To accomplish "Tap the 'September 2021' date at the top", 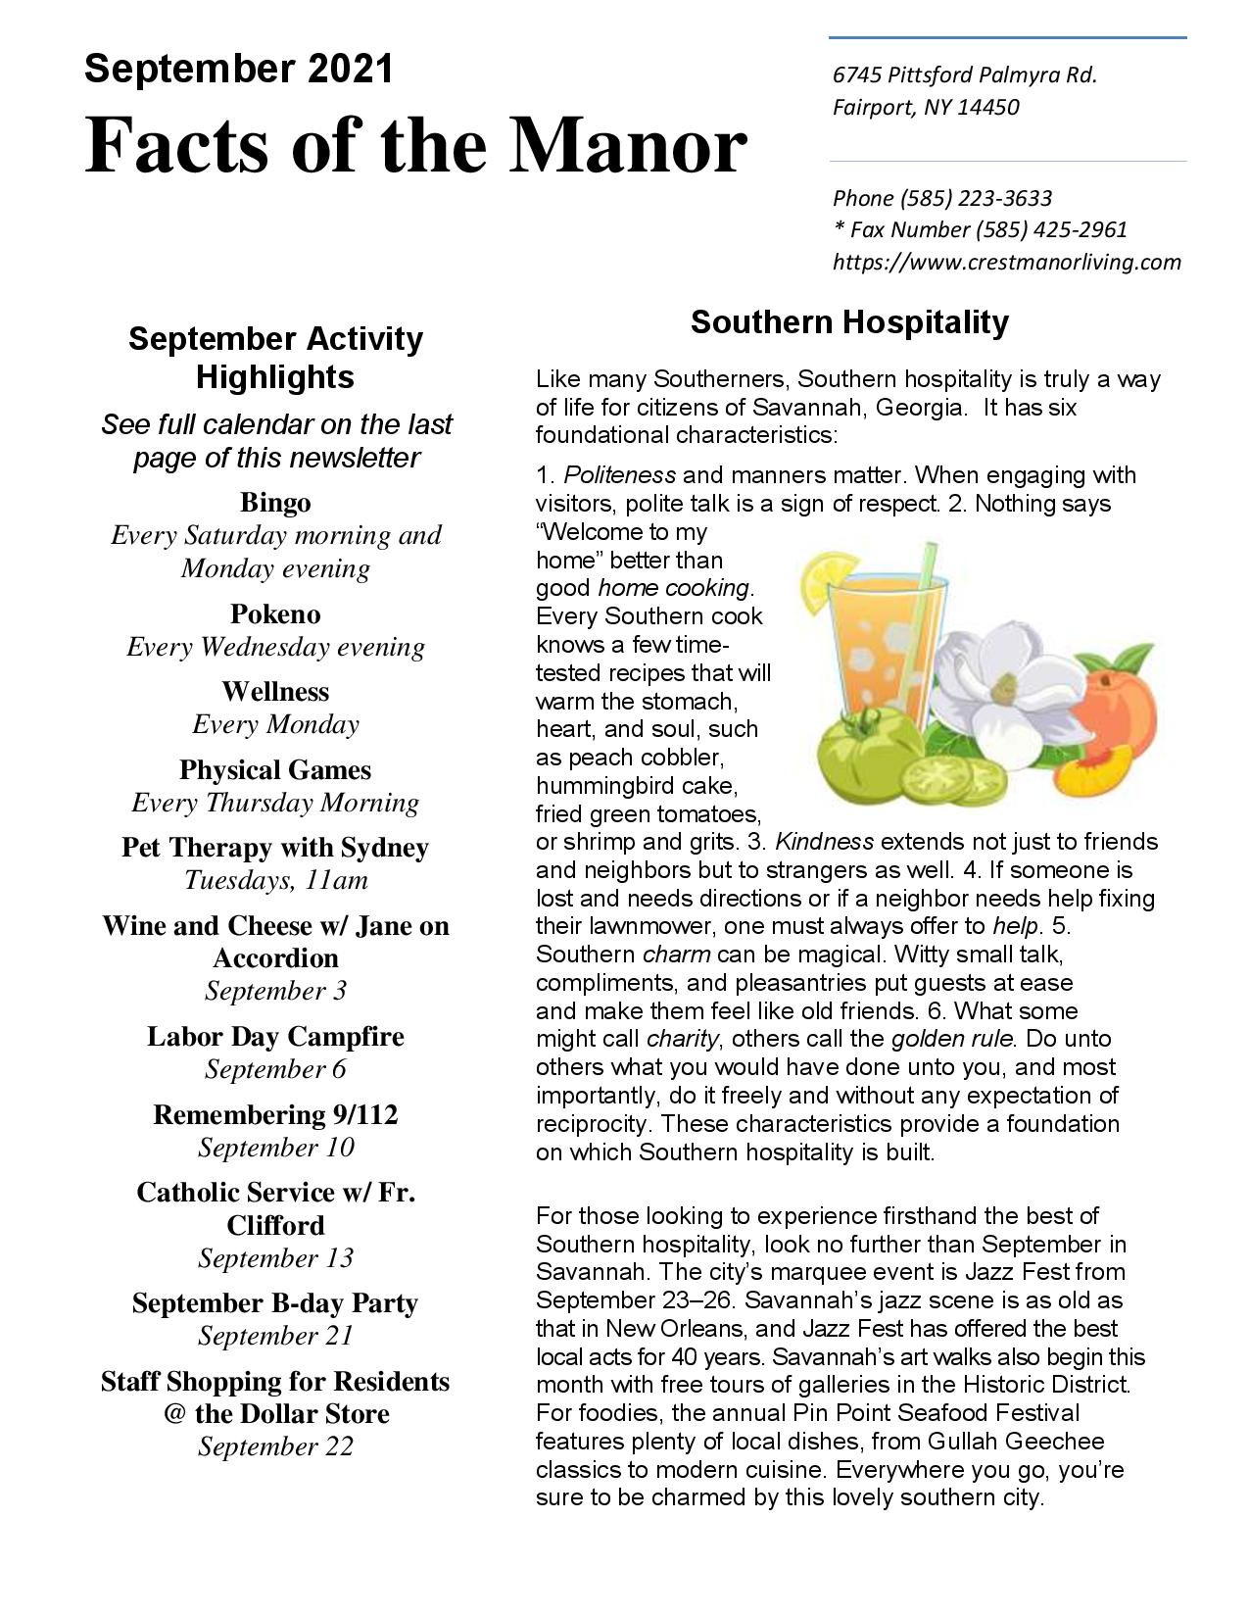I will point(238,69).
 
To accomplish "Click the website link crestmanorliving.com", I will point(1006,262).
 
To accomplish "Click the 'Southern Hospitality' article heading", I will point(848,321).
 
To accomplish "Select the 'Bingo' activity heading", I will point(275,503).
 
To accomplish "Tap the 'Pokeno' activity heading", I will point(275,613).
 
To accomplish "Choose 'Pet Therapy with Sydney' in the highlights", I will point(275,847).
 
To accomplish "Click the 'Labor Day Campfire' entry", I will point(275,1036).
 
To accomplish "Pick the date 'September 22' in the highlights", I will point(275,1446).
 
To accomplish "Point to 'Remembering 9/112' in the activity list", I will point(275,1114).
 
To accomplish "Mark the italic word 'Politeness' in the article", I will point(619,475).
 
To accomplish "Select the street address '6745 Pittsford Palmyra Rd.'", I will point(964,75).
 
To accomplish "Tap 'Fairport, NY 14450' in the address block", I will point(925,107).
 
